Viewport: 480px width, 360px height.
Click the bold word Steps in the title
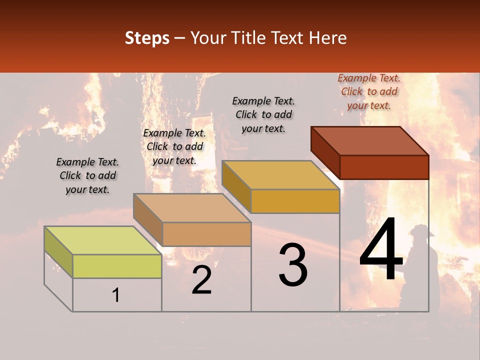click(147, 38)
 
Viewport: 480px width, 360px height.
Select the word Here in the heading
click(328, 38)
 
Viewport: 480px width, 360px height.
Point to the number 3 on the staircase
click(293, 265)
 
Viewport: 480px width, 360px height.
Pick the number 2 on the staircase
click(202, 280)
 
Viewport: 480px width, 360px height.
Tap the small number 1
click(116, 295)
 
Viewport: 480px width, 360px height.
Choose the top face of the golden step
click(280, 175)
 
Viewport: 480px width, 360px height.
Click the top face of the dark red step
click(370, 141)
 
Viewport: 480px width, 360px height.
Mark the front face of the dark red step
click(384, 167)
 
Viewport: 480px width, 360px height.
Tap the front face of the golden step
click(295, 201)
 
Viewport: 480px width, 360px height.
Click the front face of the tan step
click(206, 234)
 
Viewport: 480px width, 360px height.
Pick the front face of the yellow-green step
click(117, 266)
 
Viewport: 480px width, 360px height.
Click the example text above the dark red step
click(369, 91)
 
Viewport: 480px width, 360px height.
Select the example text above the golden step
click(263, 114)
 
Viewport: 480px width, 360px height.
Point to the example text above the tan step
click(174, 146)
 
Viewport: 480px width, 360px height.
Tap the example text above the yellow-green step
click(87, 175)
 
